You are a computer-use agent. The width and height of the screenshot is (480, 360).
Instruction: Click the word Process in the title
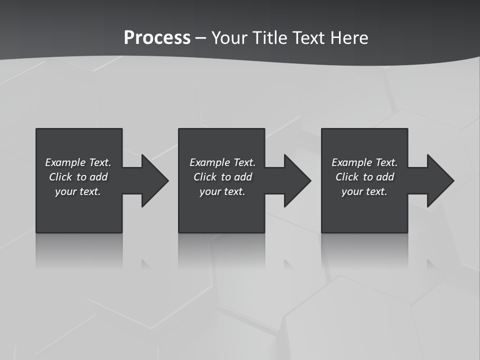click(157, 38)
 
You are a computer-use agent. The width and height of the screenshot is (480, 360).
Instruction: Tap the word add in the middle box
click(243, 177)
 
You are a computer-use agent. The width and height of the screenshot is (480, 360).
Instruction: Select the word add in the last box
click(385, 177)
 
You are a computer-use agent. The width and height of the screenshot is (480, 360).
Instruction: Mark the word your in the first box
click(65, 191)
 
